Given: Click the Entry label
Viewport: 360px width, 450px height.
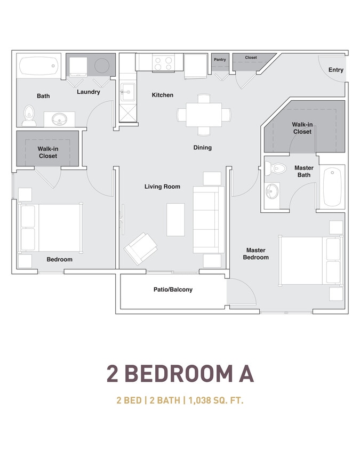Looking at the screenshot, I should (x=335, y=70).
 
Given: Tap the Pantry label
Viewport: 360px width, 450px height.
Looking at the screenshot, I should (x=220, y=60).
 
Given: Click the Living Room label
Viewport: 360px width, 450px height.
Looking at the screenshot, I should (x=162, y=187).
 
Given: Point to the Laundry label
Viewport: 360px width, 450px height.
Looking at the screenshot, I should (x=88, y=92).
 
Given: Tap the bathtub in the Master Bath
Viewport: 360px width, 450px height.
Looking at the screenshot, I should (x=332, y=187).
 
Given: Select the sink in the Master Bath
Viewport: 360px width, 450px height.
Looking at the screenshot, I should (x=273, y=190).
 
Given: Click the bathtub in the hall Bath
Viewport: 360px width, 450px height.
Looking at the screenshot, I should (x=38, y=67).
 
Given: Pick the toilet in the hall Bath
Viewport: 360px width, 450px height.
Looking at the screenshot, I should (x=29, y=114).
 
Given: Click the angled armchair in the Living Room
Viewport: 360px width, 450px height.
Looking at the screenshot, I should (x=140, y=248).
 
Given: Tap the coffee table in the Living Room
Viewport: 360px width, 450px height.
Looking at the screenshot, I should (x=175, y=219).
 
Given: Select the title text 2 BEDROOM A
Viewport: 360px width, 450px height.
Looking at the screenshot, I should (x=180, y=374).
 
